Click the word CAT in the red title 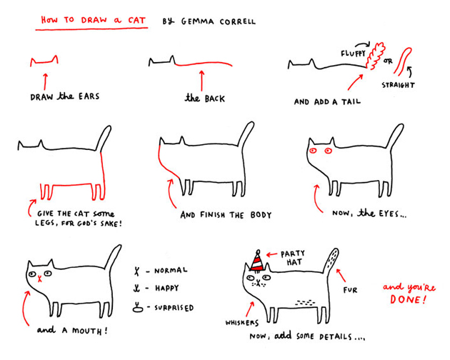click(136, 21)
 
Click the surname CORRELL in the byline click(237, 21)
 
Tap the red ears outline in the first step click(44, 61)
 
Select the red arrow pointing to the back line click(201, 81)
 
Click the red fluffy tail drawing click(376, 56)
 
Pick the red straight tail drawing click(402, 61)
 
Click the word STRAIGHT click(398, 85)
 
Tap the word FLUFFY click(353, 54)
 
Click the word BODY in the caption click(261, 215)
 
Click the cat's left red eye click(313, 150)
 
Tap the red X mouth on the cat click(40, 278)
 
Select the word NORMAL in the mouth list click(171, 271)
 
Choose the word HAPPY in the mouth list click(167, 288)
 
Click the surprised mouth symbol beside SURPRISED click(138, 308)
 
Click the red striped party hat click(257, 261)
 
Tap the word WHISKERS click(242, 323)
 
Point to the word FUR click(351, 290)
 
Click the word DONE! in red click(408, 300)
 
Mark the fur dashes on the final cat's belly click(306, 302)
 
